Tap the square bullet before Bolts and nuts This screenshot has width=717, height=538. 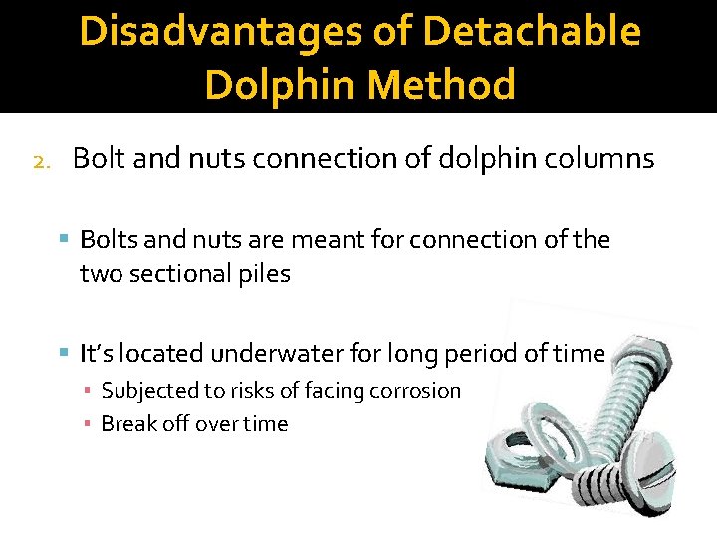[65, 240]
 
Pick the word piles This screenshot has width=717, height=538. [265, 274]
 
